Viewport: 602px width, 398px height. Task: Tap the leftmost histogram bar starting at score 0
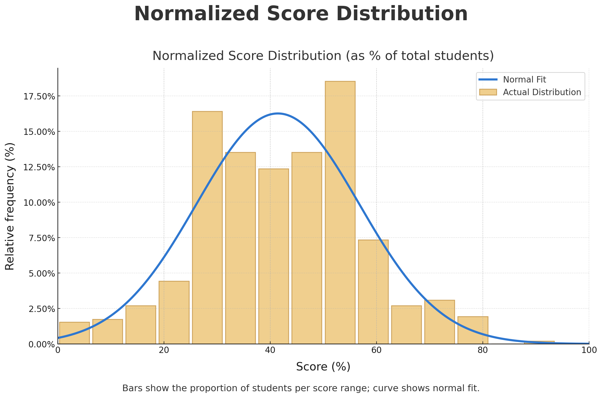(74, 333)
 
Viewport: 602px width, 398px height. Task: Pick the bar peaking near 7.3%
(373, 292)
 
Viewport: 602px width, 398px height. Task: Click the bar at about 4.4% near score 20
(174, 312)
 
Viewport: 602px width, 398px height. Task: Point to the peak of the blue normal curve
(278, 113)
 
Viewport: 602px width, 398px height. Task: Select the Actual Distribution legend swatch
(488, 92)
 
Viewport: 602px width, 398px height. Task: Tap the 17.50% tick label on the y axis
(39, 97)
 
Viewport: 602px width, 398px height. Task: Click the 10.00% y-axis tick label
(39, 203)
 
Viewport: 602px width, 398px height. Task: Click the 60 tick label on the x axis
(376, 350)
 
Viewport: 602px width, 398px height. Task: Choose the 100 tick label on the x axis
(589, 350)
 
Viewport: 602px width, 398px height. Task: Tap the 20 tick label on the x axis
(164, 350)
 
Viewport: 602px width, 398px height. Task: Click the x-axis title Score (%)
(323, 367)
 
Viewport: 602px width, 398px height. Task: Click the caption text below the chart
(301, 388)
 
